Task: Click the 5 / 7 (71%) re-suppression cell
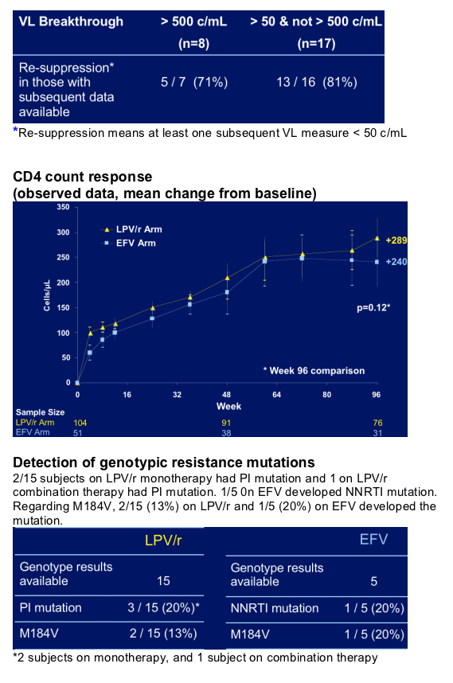click(194, 82)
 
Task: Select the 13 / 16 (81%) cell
click(317, 82)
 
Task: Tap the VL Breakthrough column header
click(71, 21)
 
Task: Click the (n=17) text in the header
click(316, 44)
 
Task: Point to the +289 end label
click(396, 240)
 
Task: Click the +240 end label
click(396, 262)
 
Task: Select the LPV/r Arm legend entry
click(132, 229)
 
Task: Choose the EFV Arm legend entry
click(129, 243)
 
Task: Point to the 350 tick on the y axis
click(63, 207)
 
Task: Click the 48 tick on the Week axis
click(226, 395)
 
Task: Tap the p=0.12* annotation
click(373, 307)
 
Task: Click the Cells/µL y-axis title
click(47, 295)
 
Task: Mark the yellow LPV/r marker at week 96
click(377, 238)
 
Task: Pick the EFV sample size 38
click(226, 433)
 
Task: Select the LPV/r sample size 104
click(80, 423)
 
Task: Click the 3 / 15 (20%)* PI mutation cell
click(163, 607)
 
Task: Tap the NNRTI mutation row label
click(275, 608)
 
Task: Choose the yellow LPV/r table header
click(163, 541)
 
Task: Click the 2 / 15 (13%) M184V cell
click(163, 633)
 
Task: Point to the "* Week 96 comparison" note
click(314, 371)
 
